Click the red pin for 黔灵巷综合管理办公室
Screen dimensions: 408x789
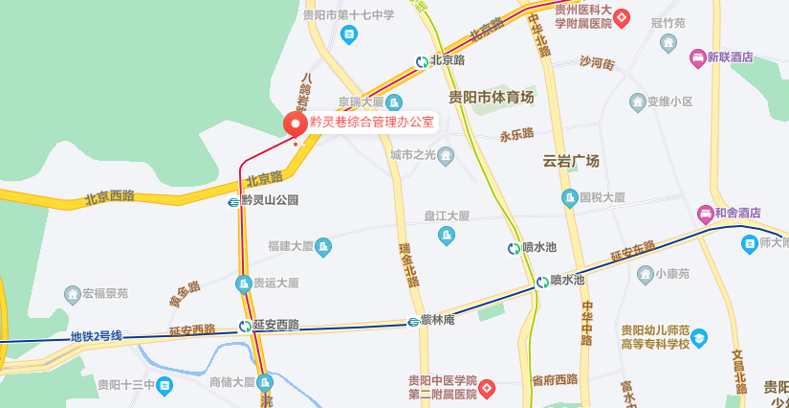coord(295,125)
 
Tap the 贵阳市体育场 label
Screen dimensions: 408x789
coord(491,97)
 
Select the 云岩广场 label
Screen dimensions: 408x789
coord(570,161)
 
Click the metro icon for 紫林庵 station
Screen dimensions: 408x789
coord(414,321)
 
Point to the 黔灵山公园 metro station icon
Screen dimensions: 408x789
coord(233,201)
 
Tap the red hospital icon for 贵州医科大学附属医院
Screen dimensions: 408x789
coord(622,16)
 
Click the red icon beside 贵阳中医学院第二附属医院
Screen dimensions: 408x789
coord(487,388)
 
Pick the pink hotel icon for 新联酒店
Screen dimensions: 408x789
coord(698,57)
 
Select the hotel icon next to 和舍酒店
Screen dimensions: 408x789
coord(705,213)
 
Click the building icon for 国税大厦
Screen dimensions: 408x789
coord(570,198)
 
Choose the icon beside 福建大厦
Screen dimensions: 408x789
coord(323,247)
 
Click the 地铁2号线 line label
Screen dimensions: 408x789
coord(96,336)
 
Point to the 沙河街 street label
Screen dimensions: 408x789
coord(597,62)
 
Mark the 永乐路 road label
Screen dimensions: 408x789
coord(516,135)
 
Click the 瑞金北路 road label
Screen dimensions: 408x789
coord(409,264)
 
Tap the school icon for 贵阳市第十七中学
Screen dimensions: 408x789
coord(349,34)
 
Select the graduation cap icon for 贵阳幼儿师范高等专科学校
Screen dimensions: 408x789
coord(699,337)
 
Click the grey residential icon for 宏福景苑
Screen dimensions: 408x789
coord(72,293)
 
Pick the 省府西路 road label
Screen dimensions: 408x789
coord(555,380)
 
